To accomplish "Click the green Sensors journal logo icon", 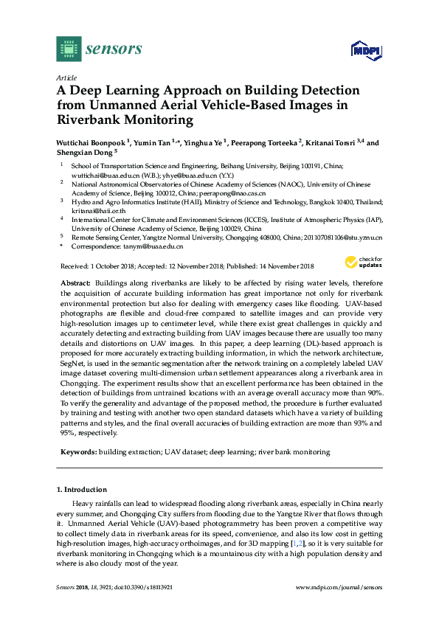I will click(x=69, y=49).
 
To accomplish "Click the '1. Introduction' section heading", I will click(x=82, y=490).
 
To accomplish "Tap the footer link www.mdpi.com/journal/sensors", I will click(x=339, y=587).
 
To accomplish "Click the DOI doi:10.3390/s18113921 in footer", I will click(x=156, y=587).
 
